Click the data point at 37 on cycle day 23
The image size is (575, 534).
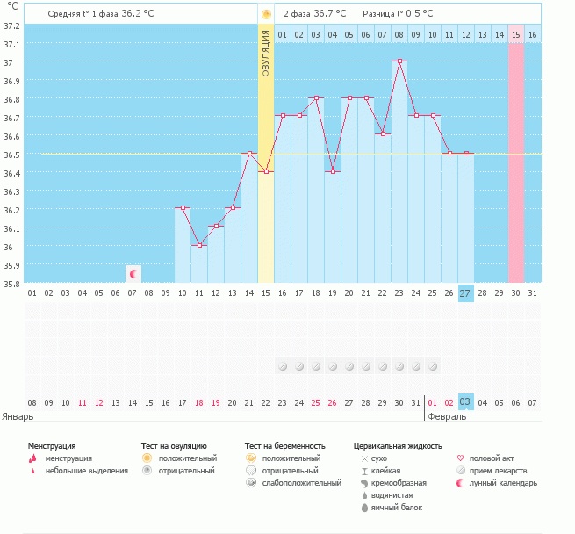[399, 61]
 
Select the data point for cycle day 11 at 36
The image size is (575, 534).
[199, 245]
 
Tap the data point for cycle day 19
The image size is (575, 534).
[333, 171]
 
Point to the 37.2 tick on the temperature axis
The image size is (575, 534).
[11, 26]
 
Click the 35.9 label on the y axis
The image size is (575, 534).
[11, 265]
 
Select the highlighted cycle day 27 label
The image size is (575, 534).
[466, 293]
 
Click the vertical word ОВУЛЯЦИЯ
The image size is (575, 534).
[266, 54]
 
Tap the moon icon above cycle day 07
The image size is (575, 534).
[133, 274]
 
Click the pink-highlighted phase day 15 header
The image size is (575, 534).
[516, 35]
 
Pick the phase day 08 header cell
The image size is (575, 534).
[399, 35]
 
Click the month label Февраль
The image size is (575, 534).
[447, 416]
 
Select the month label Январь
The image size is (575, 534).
[18, 416]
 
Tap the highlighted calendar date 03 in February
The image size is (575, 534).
[466, 402]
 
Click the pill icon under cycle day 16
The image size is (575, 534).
[283, 366]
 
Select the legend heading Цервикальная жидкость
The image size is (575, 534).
[398, 446]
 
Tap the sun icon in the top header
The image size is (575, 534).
[266, 14]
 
